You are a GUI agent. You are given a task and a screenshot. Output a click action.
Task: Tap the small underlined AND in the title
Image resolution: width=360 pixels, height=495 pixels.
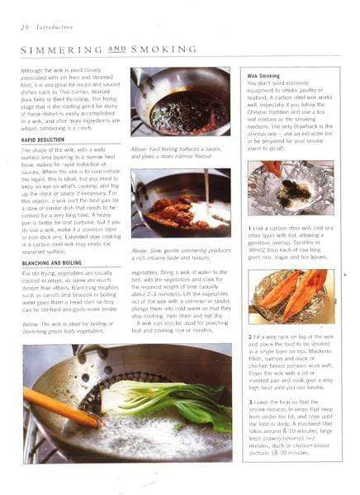pyautogui.click(x=119, y=49)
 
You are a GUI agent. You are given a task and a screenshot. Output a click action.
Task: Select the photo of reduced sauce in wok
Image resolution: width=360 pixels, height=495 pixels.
pyautogui.click(x=180, y=101)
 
